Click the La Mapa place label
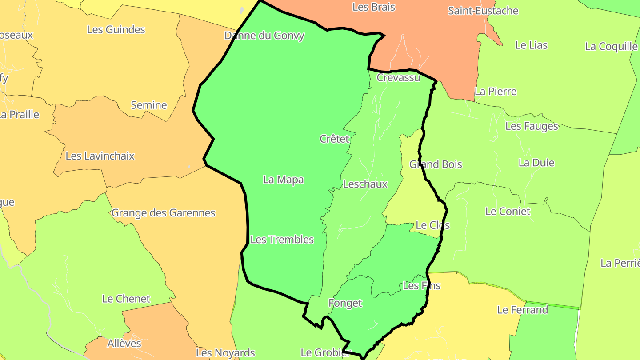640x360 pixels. [284, 180]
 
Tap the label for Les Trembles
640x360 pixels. [282, 240]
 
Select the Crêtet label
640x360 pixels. [334, 139]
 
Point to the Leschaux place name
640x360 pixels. [365, 184]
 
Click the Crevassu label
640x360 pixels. [398, 77]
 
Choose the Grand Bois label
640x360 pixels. [436, 164]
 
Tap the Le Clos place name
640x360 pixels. [432, 225]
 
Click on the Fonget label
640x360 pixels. [345, 303]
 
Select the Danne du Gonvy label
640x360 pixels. [264, 36]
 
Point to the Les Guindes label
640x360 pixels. [116, 30]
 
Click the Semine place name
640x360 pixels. [149, 105]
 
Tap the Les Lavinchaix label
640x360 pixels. [100, 156]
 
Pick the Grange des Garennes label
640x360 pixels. [163, 213]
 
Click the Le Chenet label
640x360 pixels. [126, 299]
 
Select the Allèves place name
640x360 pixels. [124, 343]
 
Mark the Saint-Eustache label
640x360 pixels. [483, 11]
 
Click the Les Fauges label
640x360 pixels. [532, 126]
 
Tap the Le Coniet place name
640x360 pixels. [508, 212]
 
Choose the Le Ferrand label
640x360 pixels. [522, 310]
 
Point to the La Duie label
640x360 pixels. [536, 163]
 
